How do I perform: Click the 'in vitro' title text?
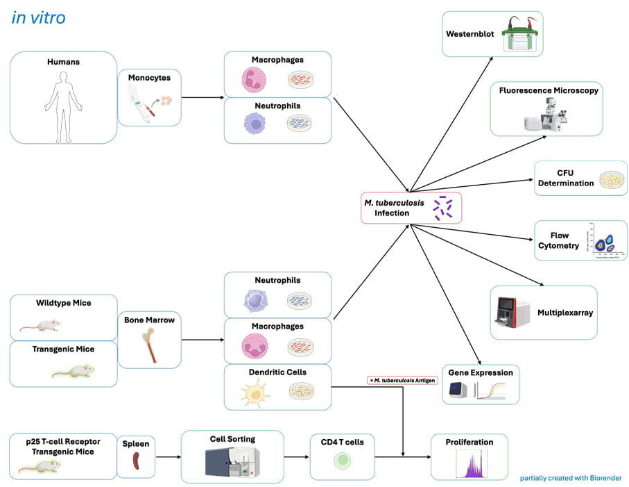point(38,17)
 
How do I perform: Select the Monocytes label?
point(149,78)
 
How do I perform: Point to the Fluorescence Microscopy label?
point(549,90)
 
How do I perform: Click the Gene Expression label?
point(481,373)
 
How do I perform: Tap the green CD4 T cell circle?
point(343,460)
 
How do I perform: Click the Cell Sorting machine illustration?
point(232,461)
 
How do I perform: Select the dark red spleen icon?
point(136,461)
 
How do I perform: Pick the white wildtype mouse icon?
point(40,324)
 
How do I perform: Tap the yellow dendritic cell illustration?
point(252,393)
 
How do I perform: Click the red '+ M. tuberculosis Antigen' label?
point(402,379)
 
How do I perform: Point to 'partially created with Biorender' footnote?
point(571,478)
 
